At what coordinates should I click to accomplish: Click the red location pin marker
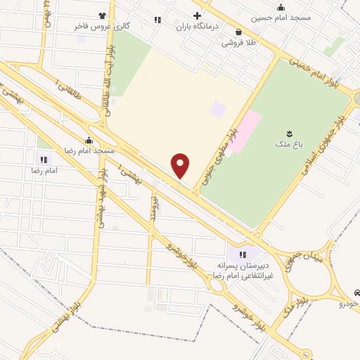pyautogui.click(x=181, y=166)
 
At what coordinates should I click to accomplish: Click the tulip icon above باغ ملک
pyautogui.click(x=288, y=133)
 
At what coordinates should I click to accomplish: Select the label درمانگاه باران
pyautogui.click(x=198, y=27)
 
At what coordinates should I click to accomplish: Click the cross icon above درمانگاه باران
pyautogui.click(x=198, y=15)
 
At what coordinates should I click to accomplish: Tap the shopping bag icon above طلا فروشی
pyautogui.click(x=240, y=32)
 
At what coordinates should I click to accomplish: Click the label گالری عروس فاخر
pyautogui.click(x=102, y=25)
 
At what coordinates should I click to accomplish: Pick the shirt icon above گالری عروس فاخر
pyautogui.click(x=103, y=14)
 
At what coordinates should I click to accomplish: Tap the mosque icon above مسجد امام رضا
pyautogui.click(x=89, y=139)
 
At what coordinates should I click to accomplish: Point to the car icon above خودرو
pyautogui.click(x=356, y=292)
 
